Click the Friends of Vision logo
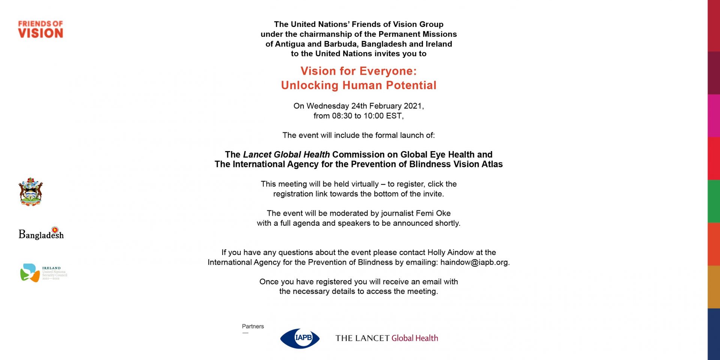40,29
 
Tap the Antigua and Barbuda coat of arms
31,192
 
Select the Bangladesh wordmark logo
41,234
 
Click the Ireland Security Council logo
43,273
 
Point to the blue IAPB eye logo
300,338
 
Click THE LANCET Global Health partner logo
387,338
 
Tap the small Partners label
253,326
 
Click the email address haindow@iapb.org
474,262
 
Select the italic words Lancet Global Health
286,154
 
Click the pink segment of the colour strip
714,116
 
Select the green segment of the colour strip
714,201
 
